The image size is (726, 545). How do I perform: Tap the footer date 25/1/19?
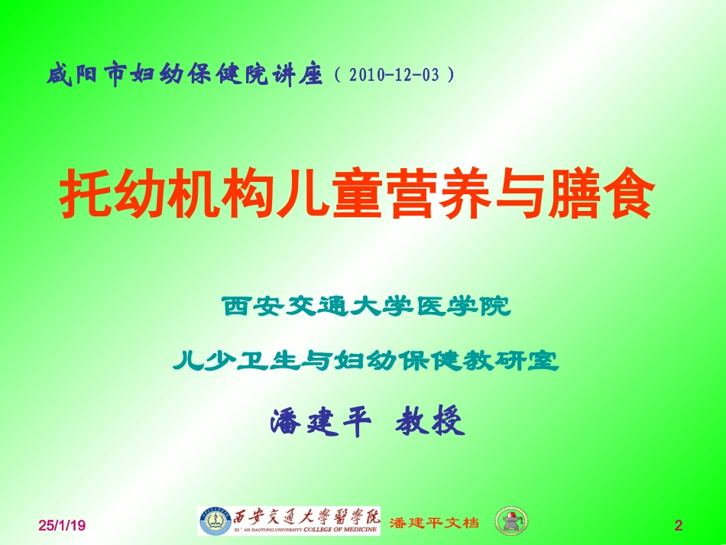pos(63,525)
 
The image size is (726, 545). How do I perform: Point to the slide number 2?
pos(677,525)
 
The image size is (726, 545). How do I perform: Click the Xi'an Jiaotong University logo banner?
pos(289,521)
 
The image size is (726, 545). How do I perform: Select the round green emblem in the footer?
pos(510,521)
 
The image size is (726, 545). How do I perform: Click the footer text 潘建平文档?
pos(434,523)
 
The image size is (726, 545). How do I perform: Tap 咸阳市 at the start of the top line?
pos(85,76)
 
